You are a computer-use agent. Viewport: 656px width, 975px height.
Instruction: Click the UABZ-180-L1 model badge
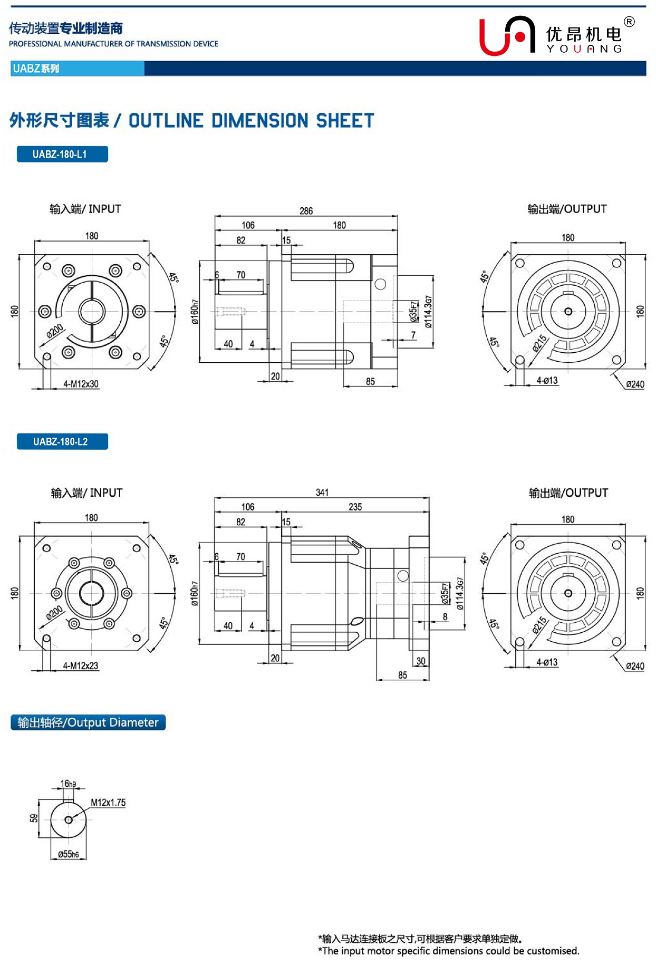coord(62,154)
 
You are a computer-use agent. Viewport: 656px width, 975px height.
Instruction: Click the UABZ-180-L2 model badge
coord(62,441)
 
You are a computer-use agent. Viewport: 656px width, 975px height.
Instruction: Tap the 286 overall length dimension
coord(306,211)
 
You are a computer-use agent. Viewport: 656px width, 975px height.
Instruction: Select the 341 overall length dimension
coord(322,493)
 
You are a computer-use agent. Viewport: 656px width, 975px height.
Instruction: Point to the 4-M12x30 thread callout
coord(81,384)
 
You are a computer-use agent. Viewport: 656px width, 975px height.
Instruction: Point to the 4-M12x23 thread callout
coord(81,665)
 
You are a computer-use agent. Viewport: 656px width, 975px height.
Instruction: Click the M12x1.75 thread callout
coord(108,803)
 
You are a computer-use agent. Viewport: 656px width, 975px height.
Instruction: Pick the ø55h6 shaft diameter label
coord(69,854)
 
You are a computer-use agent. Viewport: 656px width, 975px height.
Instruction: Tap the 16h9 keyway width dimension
coord(68,784)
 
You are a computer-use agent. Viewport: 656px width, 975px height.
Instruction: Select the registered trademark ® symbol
coord(629,22)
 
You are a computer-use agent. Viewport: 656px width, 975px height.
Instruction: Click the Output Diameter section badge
coord(88,722)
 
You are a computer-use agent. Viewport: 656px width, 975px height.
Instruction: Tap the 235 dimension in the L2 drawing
coord(355,507)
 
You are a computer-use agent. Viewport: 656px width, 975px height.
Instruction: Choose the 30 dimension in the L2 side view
coord(420,661)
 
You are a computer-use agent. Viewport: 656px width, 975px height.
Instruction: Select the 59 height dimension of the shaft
coord(34,818)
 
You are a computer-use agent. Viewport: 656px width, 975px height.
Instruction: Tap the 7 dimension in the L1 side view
coord(413,335)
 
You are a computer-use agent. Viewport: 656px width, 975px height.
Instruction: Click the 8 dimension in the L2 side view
coord(445,616)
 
